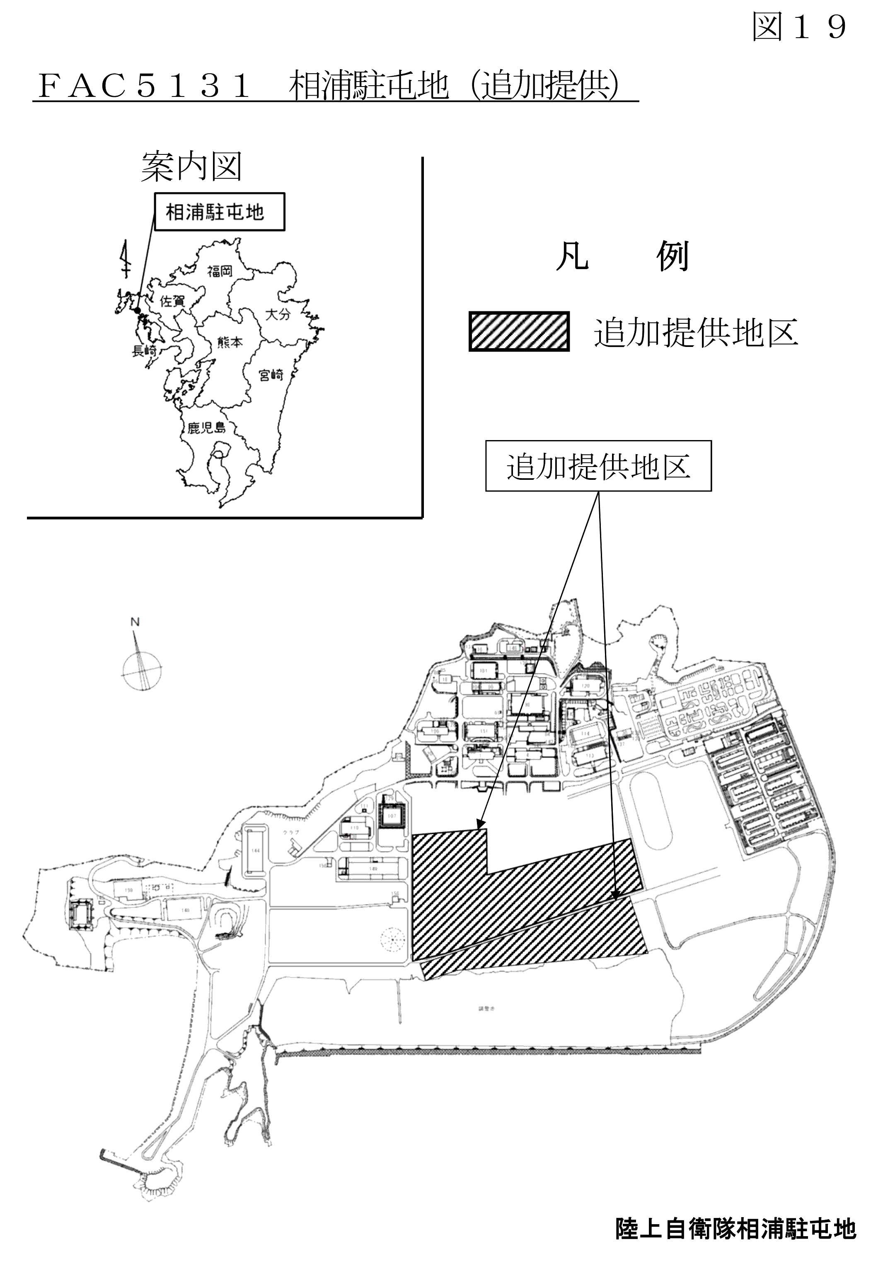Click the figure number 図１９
coord(798,26)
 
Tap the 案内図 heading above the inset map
coord(191,167)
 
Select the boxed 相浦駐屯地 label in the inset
coord(219,211)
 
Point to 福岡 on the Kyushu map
coord(220,271)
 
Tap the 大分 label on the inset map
coord(277,314)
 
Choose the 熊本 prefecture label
coord(230,342)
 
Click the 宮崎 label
coord(271,375)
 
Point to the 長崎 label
coord(145,351)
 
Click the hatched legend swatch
coord(518,331)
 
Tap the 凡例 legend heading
coord(622,257)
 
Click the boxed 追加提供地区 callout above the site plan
coord(598,466)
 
